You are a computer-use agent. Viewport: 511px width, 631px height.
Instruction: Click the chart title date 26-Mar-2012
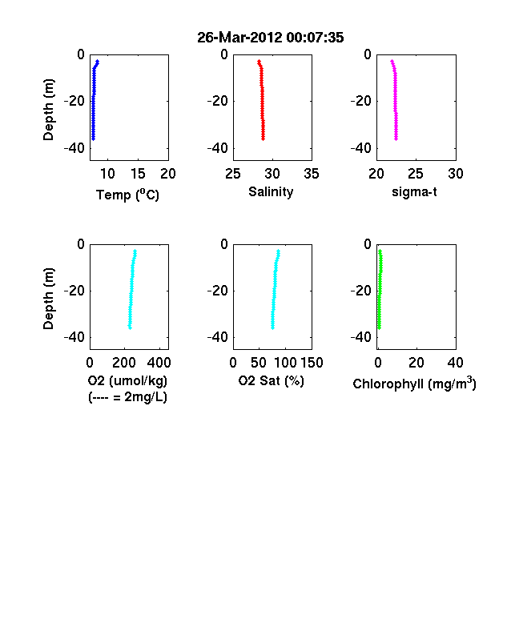[239, 38]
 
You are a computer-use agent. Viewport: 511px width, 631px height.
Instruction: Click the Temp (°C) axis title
[127, 195]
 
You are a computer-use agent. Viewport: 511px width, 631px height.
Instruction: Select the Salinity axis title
[271, 192]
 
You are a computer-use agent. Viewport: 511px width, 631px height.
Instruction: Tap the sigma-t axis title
[414, 192]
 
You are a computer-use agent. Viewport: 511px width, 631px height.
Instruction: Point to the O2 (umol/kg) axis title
[127, 380]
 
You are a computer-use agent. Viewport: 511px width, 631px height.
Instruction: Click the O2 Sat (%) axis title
[272, 380]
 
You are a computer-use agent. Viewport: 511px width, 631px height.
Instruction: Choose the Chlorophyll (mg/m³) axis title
[414, 384]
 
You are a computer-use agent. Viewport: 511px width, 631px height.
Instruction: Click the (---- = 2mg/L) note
[127, 397]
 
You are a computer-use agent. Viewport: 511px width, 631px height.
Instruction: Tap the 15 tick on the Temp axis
[138, 174]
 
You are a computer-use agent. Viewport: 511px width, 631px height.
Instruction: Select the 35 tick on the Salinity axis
[312, 174]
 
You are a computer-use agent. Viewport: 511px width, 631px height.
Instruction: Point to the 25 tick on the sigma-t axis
[416, 174]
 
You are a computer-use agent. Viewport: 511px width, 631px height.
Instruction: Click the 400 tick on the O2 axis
[159, 363]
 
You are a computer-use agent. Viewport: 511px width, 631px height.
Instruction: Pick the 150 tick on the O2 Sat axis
[312, 363]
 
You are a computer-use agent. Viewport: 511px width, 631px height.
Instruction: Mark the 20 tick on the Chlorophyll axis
[416, 363]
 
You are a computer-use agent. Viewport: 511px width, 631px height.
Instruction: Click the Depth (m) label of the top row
[48, 110]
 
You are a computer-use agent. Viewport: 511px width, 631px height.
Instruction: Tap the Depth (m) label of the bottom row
[48, 299]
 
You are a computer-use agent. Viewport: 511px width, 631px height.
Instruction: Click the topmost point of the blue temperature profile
[98, 62]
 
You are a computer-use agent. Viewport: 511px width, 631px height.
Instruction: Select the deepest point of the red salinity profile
[264, 139]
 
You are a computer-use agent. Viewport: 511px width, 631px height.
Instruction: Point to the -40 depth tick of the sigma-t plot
[360, 148]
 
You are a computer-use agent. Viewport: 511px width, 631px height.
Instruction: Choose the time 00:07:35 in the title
[315, 38]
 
